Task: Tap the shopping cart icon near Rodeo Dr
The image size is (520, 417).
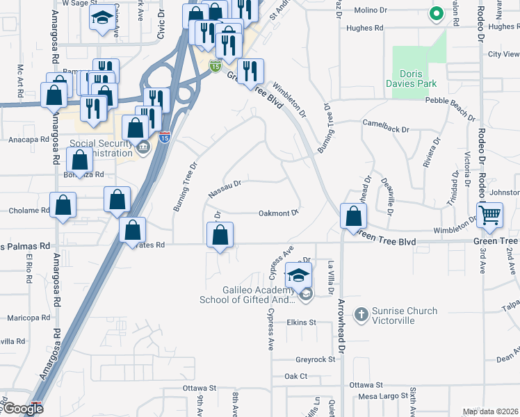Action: tap(490, 215)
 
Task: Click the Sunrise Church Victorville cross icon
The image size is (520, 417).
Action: tap(360, 315)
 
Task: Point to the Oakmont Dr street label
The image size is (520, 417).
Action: tap(278, 213)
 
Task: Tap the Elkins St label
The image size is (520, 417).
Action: tap(302, 322)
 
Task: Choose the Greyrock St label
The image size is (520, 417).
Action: tap(311, 360)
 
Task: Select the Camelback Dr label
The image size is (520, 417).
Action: tap(382, 122)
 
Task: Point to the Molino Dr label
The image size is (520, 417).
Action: tap(370, 10)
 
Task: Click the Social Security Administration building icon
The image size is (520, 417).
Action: tap(143, 147)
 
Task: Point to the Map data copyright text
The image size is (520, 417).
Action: tap(490, 411)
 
